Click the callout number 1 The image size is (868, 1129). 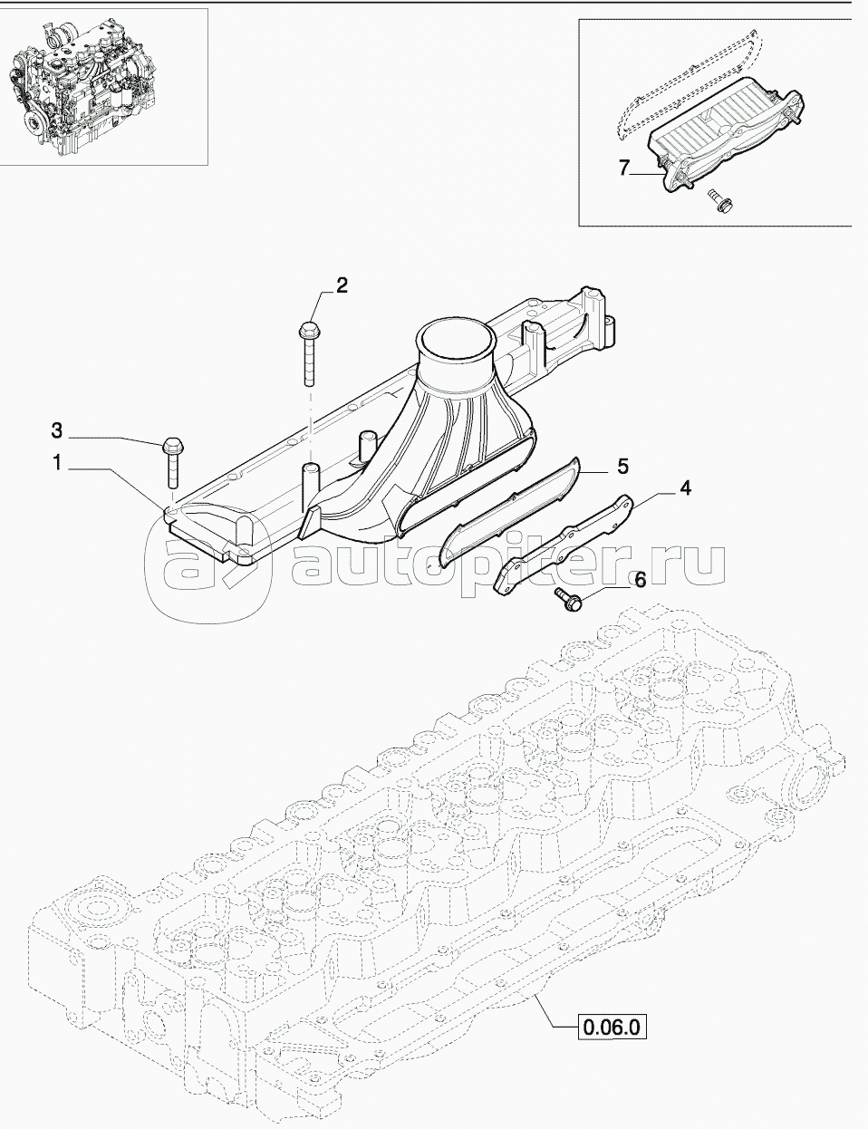pyautogui.click(x=56, y=463)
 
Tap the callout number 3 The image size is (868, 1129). pyautogui.click(x=56, y=429)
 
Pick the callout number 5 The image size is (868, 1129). pyautogui.click(x=622, y=466)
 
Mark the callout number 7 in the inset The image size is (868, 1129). pyautogui.click(x=622, y=167)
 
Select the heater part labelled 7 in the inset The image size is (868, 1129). pyautogui.click(x=725, y=136)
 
